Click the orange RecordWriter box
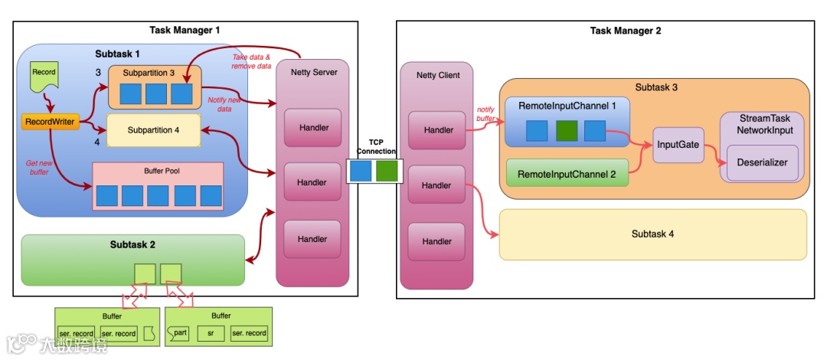pyautogui.click(x=48, y=122)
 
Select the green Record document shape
pyautogui.click(x=43, y=75)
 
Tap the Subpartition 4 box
pyautogui.click(x=153, y=129)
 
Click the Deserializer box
pyautogui.click(x=762, y=162)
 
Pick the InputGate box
pyautogui.click(x=678, y=145)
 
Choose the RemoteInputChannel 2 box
pyautogui.click(x=567, y=174)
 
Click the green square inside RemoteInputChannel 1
pyautogui.click(x=567, y=130)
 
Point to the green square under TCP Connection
pyautogui.click(x=387, y=171)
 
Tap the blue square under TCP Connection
pyautogui.click(x=360, y=171)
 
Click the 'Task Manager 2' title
pyautogui.click(x=625, y=31)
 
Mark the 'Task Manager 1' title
pyautogui.click(x=185, y=31)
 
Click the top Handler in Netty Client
pyautogui.click(x=436, y=130)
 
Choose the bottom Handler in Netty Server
pyautogui.click(x=312, y=239)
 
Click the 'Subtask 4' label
pyautogui.click(x=652, y=234)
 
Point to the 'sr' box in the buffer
pyautogui.click(x=211, y=333)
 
